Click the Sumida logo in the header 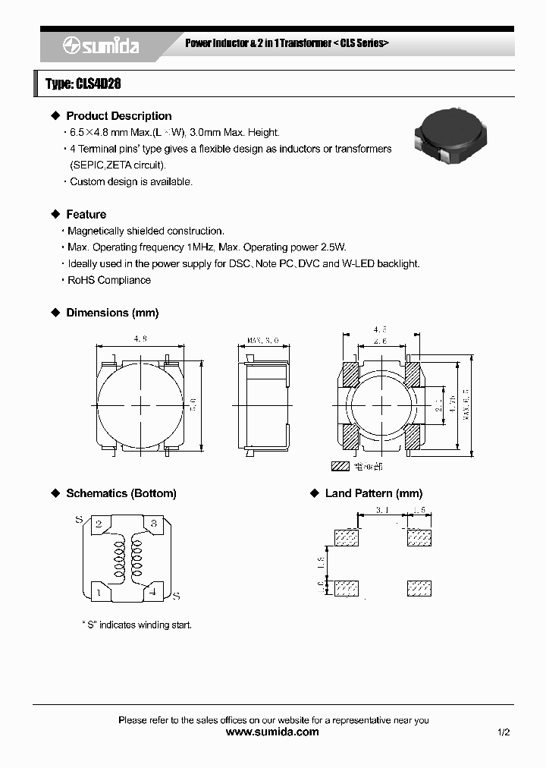tap(100, 46)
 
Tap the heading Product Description tap(118, 116)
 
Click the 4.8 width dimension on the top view tap(140, 338)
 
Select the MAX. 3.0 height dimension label tap(263, 341)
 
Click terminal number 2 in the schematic tap(99, 524)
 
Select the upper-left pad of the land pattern tap(347, 537)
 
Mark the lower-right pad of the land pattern tap(419, 588)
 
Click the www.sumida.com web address tap(273, 732)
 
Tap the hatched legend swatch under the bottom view tap(340, 467)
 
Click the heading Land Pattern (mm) tap(373, 493)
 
